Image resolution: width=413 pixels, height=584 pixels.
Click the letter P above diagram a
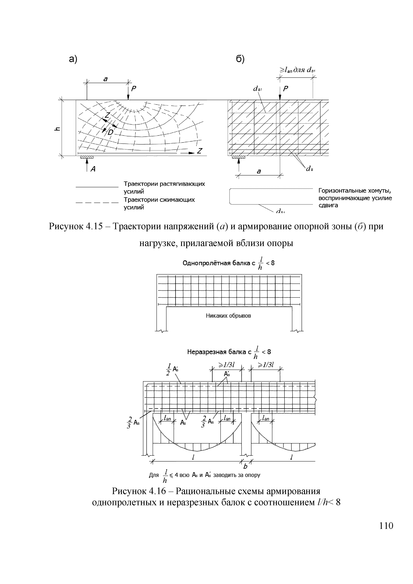[x=134, y=89]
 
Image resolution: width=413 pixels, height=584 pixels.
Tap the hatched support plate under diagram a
[x=87, y=157]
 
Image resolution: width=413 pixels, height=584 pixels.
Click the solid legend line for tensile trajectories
[x=97, y=187]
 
